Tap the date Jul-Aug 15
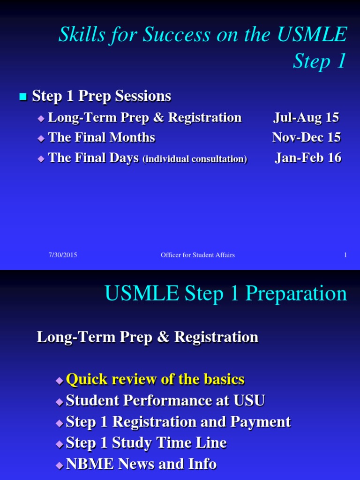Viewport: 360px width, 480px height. [x=306, y=117]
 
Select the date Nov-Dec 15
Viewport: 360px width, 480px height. [x=306, y=137]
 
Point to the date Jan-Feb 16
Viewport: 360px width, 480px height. [x=307, y=158]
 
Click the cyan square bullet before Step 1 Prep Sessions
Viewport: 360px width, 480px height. [x=22, y=97]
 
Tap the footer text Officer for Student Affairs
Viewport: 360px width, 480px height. [x=197, y=255]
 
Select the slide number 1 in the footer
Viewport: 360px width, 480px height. [x=345, y=255]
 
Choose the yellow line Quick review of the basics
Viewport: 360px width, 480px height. [x=155, y=379]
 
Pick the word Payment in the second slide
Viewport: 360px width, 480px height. [x=260, y=421]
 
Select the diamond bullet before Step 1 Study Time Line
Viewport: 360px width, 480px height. [x=59, y=443]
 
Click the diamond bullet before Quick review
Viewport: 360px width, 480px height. [x=59, y=380]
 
